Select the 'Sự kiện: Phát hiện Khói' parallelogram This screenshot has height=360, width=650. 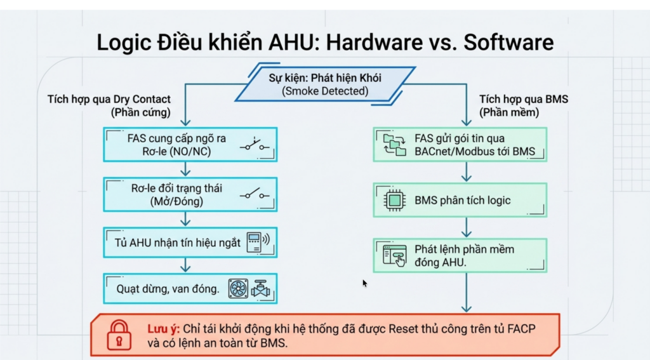326,84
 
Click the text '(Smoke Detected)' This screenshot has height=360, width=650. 325,91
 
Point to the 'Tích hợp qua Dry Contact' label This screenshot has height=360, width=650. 109,99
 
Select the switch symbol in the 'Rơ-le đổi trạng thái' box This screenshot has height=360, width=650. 255,193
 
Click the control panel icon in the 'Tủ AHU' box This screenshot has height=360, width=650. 256,242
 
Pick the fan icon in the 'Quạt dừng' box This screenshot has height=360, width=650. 239,288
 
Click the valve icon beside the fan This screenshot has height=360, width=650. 261,289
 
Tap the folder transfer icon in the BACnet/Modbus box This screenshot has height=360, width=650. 395,144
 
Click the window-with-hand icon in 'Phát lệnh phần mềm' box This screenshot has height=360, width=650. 395,255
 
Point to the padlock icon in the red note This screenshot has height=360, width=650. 119,335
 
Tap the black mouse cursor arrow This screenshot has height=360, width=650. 365,283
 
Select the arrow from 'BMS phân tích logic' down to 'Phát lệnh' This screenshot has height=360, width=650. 467,227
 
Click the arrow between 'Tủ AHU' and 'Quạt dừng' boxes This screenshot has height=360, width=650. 185,265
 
